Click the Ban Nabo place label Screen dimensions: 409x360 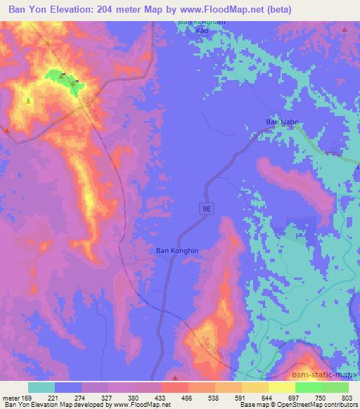[x=282, y=122]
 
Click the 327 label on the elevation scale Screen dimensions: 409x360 [x=107, y=397]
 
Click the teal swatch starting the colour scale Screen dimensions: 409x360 [x=41, y=387]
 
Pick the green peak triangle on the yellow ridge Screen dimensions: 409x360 [x=28, y=100]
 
